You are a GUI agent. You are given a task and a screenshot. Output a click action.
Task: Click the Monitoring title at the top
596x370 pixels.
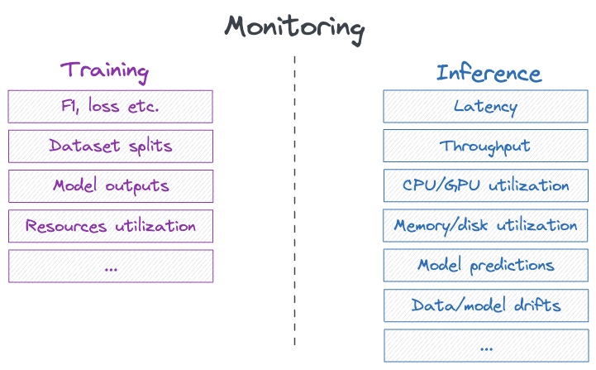pyautogui.click(x=294, y=27)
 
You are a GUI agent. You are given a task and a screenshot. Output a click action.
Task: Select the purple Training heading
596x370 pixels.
pyautogui.click(x=104, y=70)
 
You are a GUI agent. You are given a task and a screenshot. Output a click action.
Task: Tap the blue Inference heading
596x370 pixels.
pyautogui.click(x=489, y=73)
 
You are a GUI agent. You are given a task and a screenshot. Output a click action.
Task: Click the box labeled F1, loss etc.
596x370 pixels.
pyautogui.click(x=110, y=107)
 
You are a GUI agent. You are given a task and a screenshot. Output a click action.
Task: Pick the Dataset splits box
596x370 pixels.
pyautogui.click(x=110, y=147)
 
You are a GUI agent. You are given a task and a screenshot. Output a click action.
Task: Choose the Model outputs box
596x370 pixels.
pyautogui.click(x=110, y=186)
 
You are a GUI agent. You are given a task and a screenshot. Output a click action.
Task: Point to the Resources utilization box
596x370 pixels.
pyautogui.click(x=110, y=226)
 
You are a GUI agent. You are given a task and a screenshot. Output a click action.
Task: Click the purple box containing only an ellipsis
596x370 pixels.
pyautogui.click(x=110, y=266)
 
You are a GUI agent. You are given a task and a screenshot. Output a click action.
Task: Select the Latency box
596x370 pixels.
pyautogui.click(x=485, y=107)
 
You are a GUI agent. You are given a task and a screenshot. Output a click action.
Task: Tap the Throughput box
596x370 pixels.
pyautogui.click(x=485, y=147)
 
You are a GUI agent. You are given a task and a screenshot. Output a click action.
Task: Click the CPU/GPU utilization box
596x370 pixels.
pyautogui.click(x=485, y=185)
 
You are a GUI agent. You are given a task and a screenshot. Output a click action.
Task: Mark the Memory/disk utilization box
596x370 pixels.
pyautogui.click(x=485, y=225)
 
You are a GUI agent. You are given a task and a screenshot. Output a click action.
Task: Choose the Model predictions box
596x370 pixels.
pyautogui.click(x=485, y=266)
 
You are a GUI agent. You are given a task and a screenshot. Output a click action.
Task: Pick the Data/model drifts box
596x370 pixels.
pyautogui.click(x=485, y=305)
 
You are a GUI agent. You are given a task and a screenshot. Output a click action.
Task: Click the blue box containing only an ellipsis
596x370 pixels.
pyautogui.click(x=485, y=345)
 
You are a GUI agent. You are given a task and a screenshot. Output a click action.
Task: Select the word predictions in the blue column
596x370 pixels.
pyautogui.click(x=512, y=266)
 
